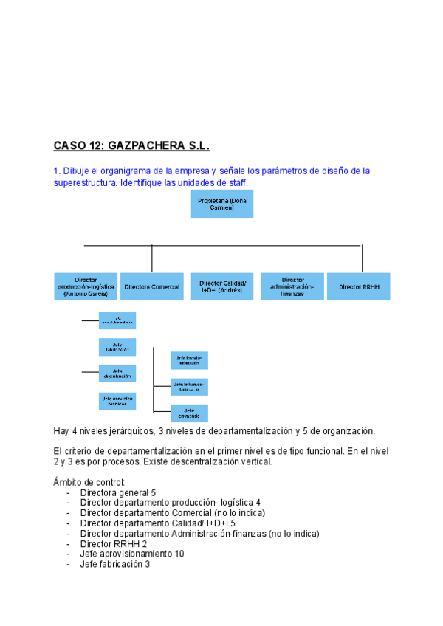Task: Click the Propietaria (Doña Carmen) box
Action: click(x=221, y=204)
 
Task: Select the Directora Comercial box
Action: click(x=152, y=286)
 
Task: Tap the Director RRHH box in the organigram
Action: click(x=359, y=286)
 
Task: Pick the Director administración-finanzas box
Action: click(x=292, y=286)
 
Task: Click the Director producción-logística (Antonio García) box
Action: click(x=86, y=286)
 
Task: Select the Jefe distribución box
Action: click(x=117, y=373)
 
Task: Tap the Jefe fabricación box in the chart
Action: click(x=117, y=347)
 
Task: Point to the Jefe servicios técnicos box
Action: click(x=117, y=401)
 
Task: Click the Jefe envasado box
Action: click(x=189, y=413)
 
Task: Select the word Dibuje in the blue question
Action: click(x=77, y=171)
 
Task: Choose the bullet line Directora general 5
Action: click(x=118, y=492)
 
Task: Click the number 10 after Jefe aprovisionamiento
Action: click(x=179, y=554)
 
